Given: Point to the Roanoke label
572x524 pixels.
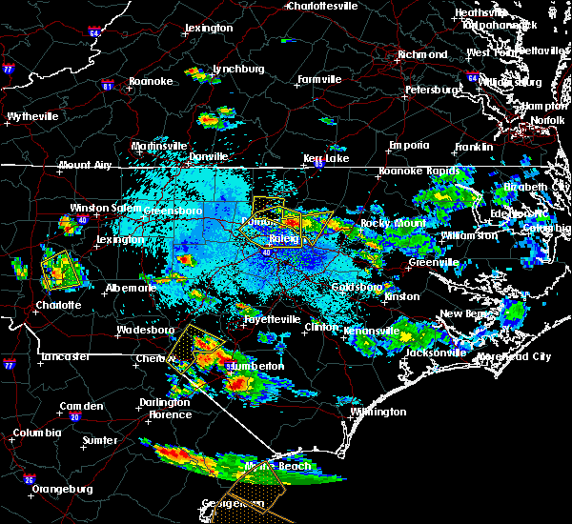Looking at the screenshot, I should coord(152,82).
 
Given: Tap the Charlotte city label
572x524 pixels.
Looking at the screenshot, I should coord(34,307).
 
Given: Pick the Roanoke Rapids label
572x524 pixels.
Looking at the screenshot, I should coord(413,171).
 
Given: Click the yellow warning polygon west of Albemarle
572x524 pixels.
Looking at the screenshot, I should coord(61,269).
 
